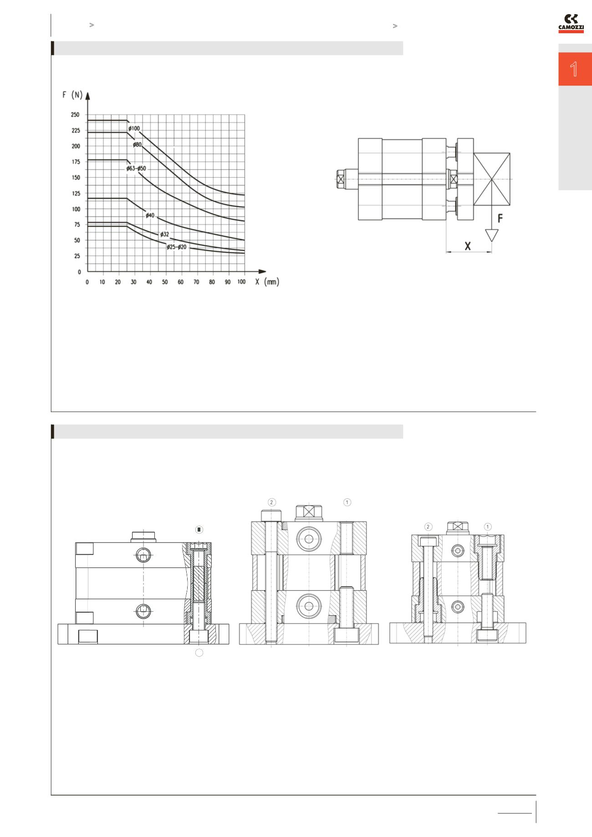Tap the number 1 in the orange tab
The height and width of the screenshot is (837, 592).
[574, 70]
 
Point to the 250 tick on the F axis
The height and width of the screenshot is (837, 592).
[75, 115]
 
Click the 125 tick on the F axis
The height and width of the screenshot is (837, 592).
[75, 193]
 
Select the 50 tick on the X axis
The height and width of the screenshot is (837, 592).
[165, 282]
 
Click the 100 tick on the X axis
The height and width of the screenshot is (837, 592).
[241, 282]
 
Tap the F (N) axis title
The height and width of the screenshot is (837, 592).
[72, 95]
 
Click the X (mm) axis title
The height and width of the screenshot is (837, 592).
[267, 282]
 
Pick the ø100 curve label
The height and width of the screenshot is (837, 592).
[134, 129]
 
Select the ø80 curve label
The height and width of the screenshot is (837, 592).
[138, 145]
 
